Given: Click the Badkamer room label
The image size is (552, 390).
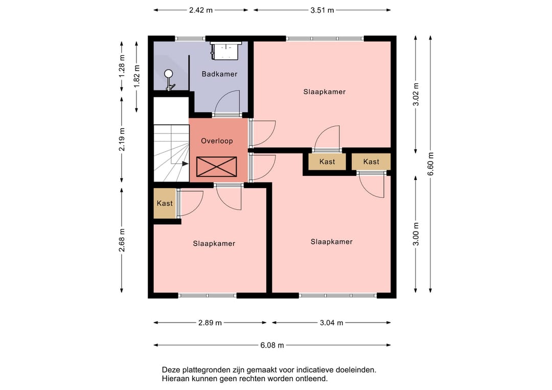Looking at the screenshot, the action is point(219,74).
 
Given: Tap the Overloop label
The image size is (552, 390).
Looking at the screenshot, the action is point(217,141).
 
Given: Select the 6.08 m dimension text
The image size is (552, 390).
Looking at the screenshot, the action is point(272,346).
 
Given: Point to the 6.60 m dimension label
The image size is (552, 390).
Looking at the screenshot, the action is point(430,164).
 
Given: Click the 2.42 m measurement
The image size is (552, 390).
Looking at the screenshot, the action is point(201,10).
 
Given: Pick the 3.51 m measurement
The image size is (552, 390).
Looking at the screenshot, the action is point(322,10).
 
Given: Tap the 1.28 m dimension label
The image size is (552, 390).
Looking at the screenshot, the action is point(122,66).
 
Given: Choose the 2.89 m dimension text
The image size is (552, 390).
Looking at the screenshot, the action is point(210,323).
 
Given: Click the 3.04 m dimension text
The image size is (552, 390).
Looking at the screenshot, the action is point(331,323).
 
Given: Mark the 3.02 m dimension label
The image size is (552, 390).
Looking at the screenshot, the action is point(416,95).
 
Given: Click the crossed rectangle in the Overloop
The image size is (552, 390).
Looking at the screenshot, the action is point(217,167).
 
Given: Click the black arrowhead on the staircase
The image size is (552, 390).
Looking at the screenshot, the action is point(185,164).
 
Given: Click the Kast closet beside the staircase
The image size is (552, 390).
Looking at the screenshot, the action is point(165,203).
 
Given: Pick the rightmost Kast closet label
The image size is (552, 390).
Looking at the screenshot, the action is point(371,162).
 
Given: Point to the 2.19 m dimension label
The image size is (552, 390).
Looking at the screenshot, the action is point(122,140).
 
